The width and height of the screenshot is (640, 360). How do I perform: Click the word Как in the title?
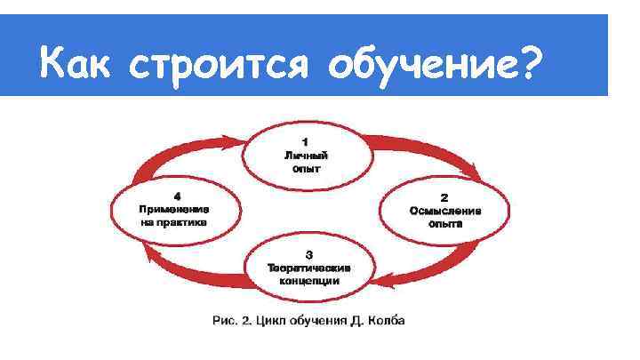pyautogui.click(x=78, y=65)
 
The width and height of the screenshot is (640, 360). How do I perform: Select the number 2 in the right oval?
pyautogui.click(x=444, y=197)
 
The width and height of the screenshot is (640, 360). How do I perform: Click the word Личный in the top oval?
pyautogui.click(x=306, y=155)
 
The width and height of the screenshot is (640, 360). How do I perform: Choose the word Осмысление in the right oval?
pyautogui.click(x=444, y=212)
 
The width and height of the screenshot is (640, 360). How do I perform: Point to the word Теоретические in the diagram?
pyautogui.click(x=309, y=268)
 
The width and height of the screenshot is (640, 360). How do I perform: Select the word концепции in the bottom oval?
pyautogui.click(x=309, y=281)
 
